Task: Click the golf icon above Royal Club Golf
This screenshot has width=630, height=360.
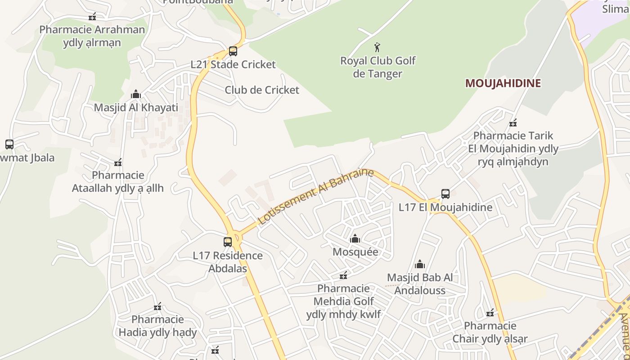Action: click(377, 47)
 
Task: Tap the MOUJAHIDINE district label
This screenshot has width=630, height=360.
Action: click(503, 83)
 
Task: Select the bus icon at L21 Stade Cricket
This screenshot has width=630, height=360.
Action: click(233, 51)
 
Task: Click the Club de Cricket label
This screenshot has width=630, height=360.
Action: click(262, 90)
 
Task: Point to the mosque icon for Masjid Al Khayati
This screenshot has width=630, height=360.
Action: click(135, 94)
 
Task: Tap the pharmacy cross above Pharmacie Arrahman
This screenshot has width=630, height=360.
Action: click(92, 17)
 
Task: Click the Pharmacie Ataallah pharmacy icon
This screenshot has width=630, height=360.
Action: click(118, 162)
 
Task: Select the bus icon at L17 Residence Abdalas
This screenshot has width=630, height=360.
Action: click(228, 242)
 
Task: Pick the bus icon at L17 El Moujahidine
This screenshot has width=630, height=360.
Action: click(445, 194)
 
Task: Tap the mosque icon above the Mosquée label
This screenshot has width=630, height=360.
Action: click(355, 238)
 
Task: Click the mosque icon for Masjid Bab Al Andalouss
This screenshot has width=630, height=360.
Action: click(419, 264)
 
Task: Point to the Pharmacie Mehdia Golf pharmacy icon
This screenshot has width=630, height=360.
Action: click(343, 275)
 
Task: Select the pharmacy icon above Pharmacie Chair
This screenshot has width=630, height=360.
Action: click(490, 313)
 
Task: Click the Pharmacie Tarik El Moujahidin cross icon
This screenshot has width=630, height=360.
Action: click(513, 123)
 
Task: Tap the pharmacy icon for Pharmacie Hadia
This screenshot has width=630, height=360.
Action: click(157, 307)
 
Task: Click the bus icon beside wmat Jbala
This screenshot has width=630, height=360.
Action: click(9, 144)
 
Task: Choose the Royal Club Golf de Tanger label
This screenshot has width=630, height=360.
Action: click(378, 67)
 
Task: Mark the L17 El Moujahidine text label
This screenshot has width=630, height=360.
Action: click(445, 207)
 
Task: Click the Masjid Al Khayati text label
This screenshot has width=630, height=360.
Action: click(136, 108)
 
